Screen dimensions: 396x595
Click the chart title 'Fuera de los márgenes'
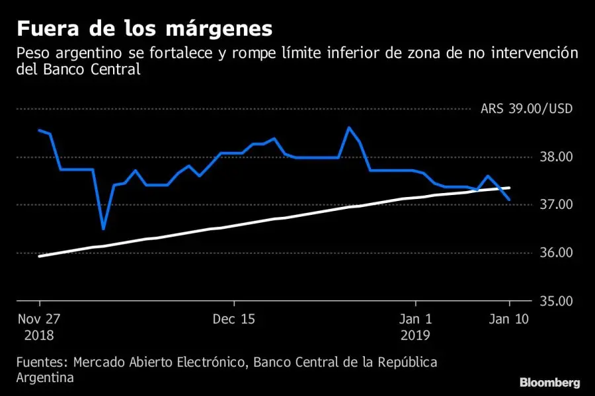pos(144,29)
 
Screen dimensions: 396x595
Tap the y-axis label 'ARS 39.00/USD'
pos(526,109)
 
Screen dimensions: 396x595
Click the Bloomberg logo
pos(549,382)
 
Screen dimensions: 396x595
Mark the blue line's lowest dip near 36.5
pos(103,229)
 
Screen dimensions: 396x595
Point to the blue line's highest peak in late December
pos(349,128)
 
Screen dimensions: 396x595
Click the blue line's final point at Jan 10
pos(509,200)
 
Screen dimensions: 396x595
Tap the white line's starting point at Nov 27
pos(40,256)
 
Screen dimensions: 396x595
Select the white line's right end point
pos(509,188)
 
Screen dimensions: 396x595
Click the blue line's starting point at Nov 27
pos(40,130)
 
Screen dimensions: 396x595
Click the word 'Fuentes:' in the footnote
pos(41,363)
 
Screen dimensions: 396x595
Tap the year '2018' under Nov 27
pos(40,335)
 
